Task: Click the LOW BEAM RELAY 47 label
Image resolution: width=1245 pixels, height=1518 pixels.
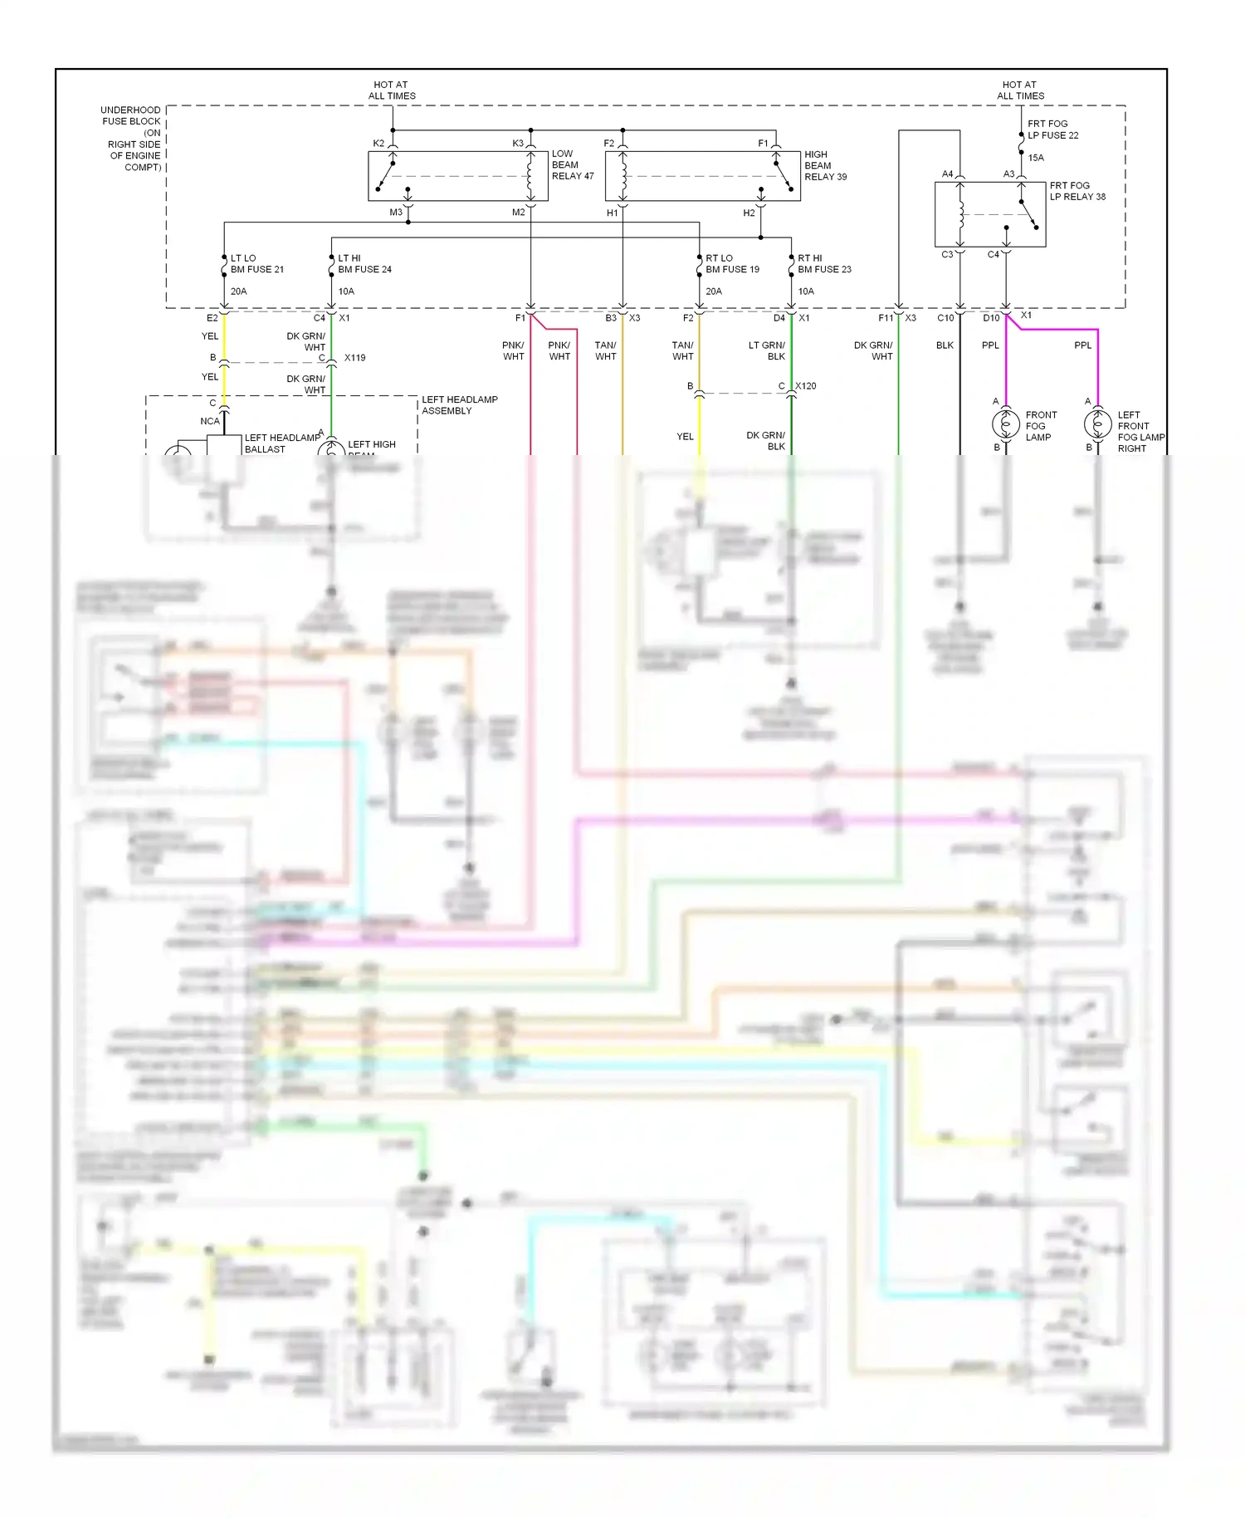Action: pos(573,165)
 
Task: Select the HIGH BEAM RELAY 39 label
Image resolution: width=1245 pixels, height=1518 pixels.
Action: pos(825,165)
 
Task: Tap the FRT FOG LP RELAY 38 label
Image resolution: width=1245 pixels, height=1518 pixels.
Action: pos(1077,191)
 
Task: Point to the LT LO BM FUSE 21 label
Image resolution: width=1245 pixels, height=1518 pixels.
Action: pos(256,264)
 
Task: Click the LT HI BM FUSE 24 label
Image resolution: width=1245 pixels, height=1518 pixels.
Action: pos(364,264)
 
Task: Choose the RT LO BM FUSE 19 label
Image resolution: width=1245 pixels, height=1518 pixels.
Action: pos(732,264)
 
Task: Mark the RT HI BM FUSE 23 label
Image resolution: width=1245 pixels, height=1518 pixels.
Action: pos(823,264)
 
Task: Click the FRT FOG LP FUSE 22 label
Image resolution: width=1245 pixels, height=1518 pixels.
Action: pos(1052,130)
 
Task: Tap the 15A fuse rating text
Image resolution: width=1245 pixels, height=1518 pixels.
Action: pos(1036,158)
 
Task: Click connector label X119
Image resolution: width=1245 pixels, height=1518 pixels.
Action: pos(354,358)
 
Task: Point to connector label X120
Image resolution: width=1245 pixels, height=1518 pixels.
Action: pos(805,386)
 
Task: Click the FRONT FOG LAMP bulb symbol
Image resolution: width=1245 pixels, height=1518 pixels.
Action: pos(1006,424)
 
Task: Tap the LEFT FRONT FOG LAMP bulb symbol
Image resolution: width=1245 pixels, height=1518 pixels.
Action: pos(1097,424)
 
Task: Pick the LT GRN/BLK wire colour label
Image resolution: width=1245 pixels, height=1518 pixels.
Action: pos(766,350)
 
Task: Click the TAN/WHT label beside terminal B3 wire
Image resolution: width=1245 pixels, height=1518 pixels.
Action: pos(605,350)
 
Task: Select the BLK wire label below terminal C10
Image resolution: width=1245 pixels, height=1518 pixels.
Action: pos(945,345)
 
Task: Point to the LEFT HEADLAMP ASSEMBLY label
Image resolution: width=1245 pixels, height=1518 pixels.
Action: pos(459,405)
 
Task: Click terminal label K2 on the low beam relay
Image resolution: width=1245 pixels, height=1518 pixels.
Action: pos(378,144)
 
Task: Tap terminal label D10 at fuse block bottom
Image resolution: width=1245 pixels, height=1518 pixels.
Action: pos(991,318)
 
